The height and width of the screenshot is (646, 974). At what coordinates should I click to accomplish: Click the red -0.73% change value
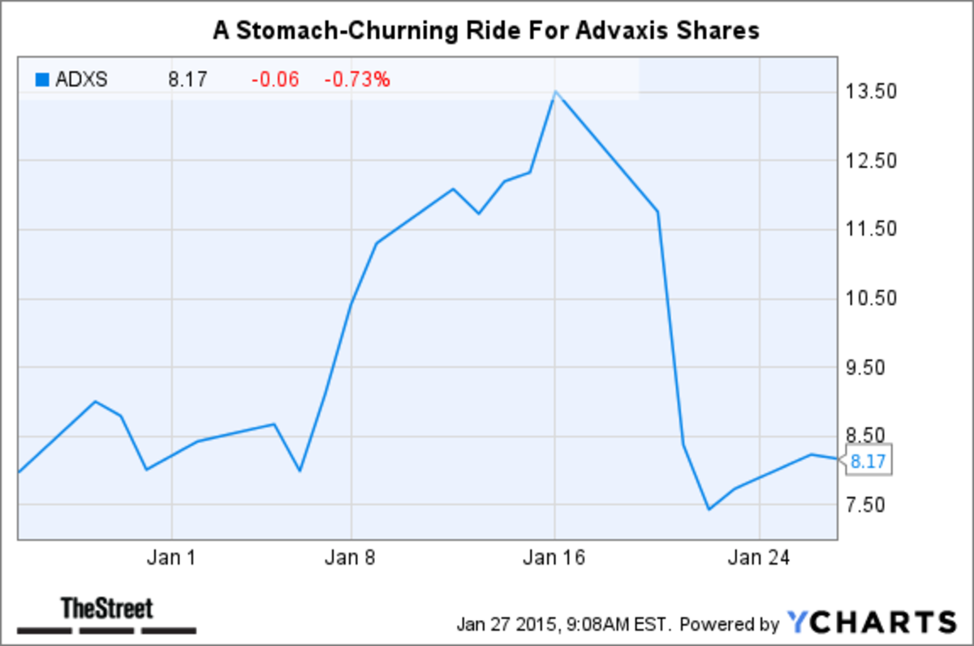(357, 80)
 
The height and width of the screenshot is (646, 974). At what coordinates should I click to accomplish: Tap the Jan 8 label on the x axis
(351, 558)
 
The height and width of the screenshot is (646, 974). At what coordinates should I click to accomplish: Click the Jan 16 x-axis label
(555, 558)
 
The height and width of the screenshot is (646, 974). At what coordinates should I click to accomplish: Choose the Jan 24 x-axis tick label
(758, 558)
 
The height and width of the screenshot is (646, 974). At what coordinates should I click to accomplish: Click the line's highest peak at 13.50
(555, 92)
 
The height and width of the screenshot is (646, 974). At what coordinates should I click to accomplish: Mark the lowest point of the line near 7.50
(709, 509)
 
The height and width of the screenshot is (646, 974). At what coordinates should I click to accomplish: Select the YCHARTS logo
(872, 622)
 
